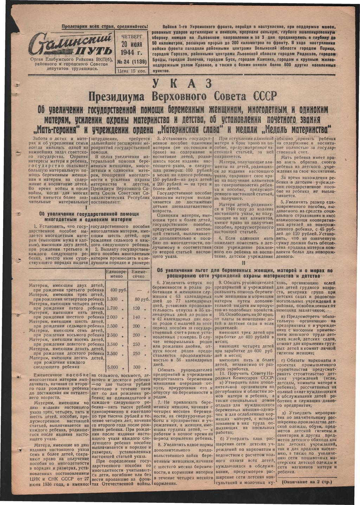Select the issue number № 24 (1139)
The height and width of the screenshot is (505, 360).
pyautogui.click(x=130, y=61)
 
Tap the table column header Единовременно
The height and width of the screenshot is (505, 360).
pyautogui.click(x=116, y=274)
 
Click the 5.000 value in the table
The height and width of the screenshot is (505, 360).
pyautogui.click(x=112, y=367)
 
